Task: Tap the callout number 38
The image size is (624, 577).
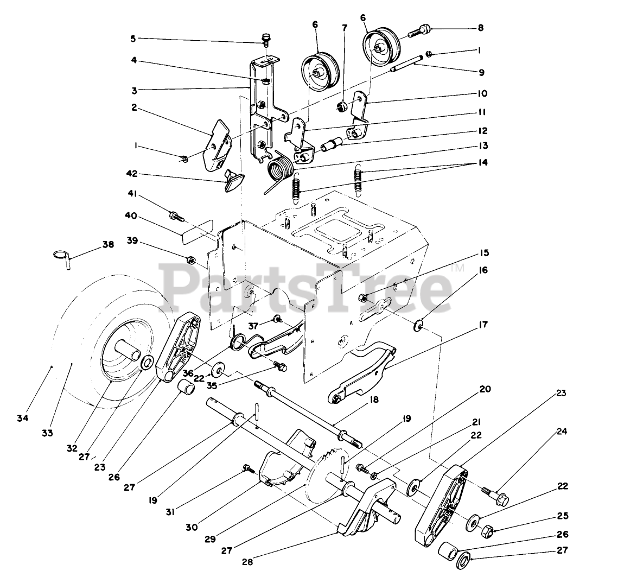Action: (108, 244)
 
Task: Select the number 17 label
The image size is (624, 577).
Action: (483, 325)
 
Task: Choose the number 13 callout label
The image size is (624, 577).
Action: (483, 145)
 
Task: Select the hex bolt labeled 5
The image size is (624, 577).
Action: (266, 39)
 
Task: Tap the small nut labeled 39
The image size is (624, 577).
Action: (191, 258)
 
